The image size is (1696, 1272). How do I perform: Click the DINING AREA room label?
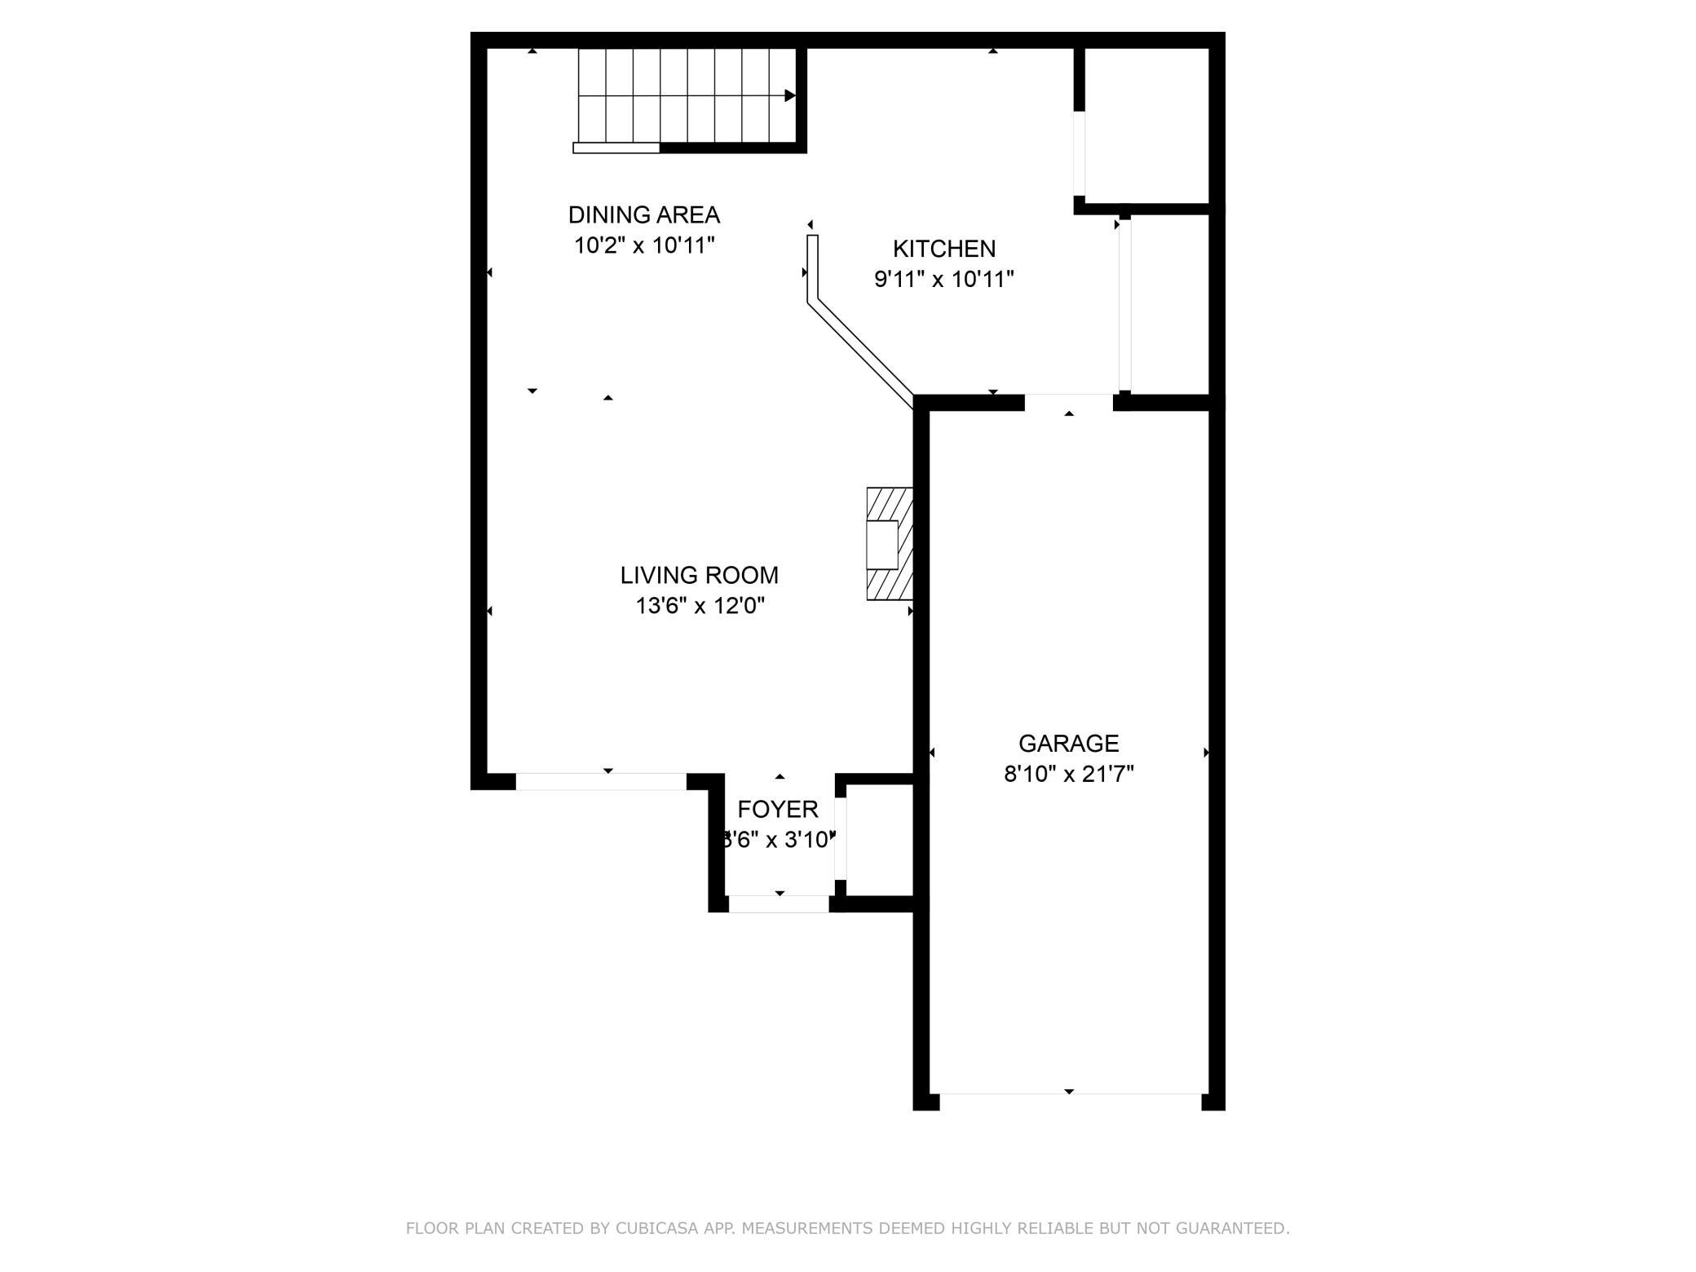click(643, 215)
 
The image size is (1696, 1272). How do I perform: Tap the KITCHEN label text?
click(943, 249)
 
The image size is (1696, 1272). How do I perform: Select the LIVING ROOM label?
click(699, 576)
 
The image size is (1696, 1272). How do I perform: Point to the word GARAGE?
click(1068, 744)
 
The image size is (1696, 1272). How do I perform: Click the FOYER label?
click(777, 810)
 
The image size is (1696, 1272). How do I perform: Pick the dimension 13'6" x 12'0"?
click(700, 606)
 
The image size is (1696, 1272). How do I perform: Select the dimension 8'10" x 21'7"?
click(1068, 774)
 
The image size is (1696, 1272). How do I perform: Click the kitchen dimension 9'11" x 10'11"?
click(943, 280)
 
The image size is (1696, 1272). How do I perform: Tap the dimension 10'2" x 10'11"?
click(643, 245)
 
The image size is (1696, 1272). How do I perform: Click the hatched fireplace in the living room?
click(889, 544)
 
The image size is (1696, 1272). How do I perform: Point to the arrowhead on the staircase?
click(789, 96)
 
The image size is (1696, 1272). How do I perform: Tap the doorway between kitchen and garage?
click(1068, 403)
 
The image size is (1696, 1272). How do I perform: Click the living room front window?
click(601, 782)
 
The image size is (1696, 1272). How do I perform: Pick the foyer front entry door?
click(779, 903)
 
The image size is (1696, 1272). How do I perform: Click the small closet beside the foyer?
click(879, 840)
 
